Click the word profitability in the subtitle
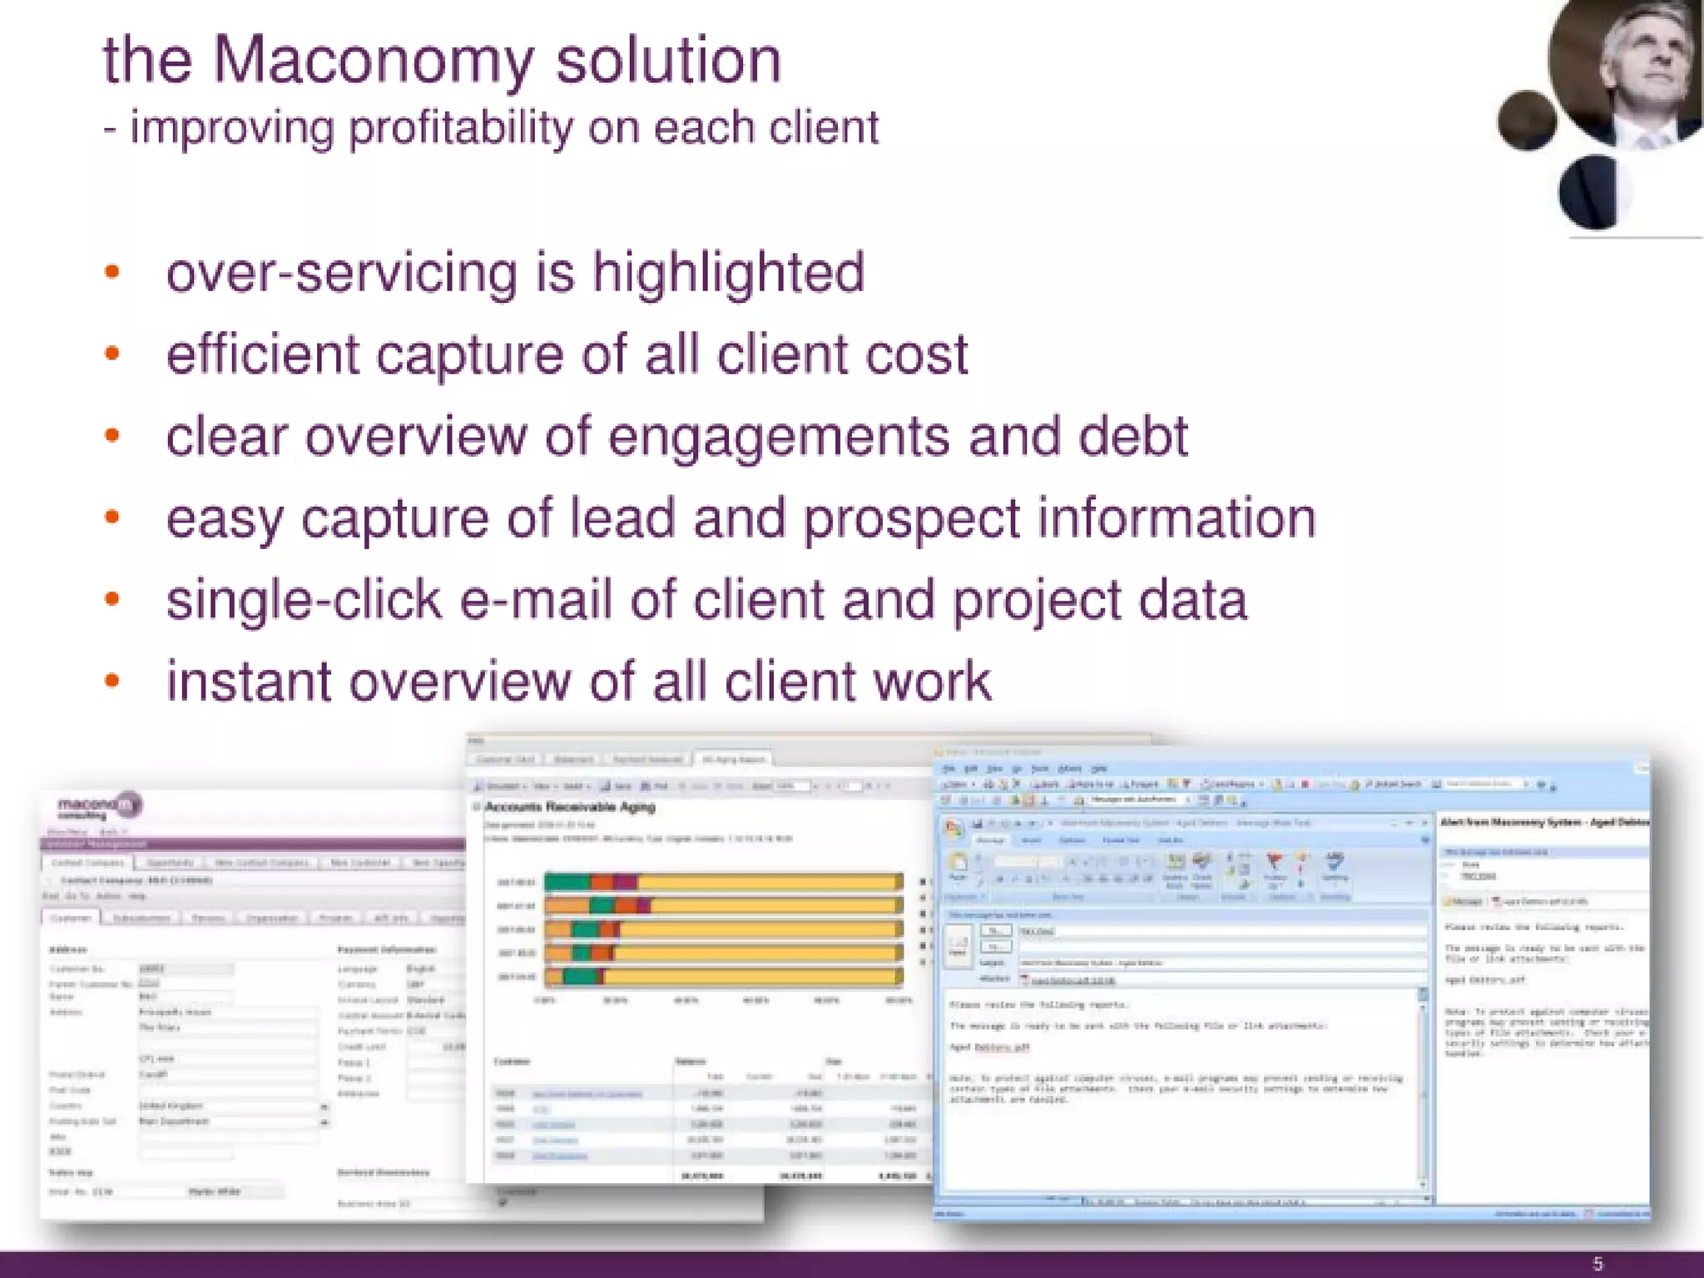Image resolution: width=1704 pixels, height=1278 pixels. pos(460,129)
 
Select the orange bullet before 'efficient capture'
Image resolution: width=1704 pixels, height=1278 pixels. pos(112,354)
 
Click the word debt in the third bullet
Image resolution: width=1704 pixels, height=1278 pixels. pos(1133,436)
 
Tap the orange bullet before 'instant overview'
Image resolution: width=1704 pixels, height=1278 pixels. pos(112,681)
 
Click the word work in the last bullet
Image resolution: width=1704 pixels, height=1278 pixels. pos(931,681)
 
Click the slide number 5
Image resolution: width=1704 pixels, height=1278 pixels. pos(1597,1264)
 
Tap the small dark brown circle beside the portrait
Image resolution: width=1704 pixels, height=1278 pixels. pos(1527,121)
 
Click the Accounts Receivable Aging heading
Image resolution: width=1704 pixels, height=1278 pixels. pos(570,807)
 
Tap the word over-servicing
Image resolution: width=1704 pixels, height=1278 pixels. pos(341,273)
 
